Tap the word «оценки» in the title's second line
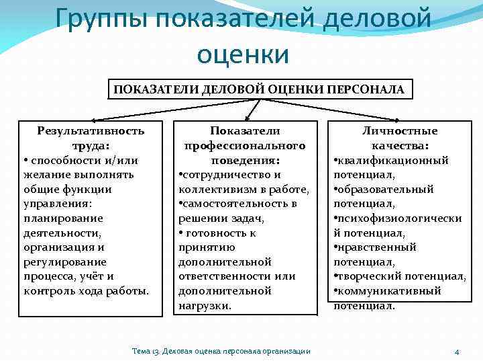point(243,53)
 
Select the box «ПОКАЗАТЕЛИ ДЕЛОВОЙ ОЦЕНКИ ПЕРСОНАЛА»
point(258,89)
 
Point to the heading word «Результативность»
point(91,130)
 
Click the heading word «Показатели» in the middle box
point(245,130)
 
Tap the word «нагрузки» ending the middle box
point(204,305)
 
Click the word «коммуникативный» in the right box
point(390,291)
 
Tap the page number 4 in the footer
point(456,352)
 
